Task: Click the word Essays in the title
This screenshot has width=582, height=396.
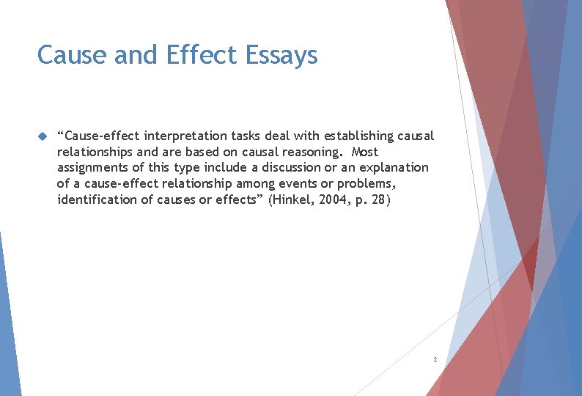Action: (x=281, y=56)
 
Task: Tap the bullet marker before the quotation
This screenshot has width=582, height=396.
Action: (x=42, y=136)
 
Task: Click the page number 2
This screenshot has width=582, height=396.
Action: (x=435, y=359)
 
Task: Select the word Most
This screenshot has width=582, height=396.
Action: (x=364, y=152)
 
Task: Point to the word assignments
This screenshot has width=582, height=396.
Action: (x=94, y=168)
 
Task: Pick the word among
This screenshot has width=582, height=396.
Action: (x=253, y=183)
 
